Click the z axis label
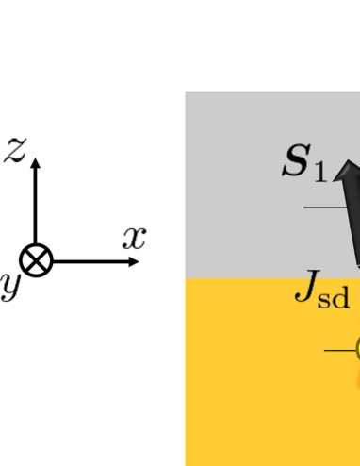pyautogui.click(x=15, y=149)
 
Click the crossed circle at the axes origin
pyautogui.click(x=36, y=261)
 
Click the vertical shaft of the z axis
pyautogui.click(x=36, y=208)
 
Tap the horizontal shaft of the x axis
pyautogui.click(x=90, y=261)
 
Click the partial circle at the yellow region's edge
pyautogui.click(x=357, y=351)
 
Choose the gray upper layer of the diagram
pyautogui.click(x=245, y=189)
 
